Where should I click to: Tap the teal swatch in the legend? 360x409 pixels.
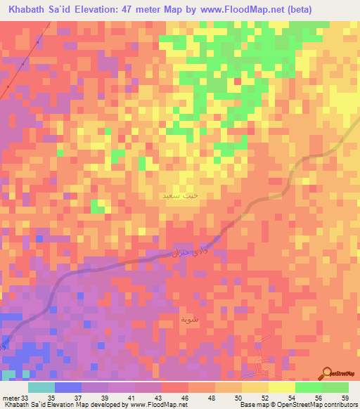41,387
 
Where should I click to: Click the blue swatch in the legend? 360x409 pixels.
68,387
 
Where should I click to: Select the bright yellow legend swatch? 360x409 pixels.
281,387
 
